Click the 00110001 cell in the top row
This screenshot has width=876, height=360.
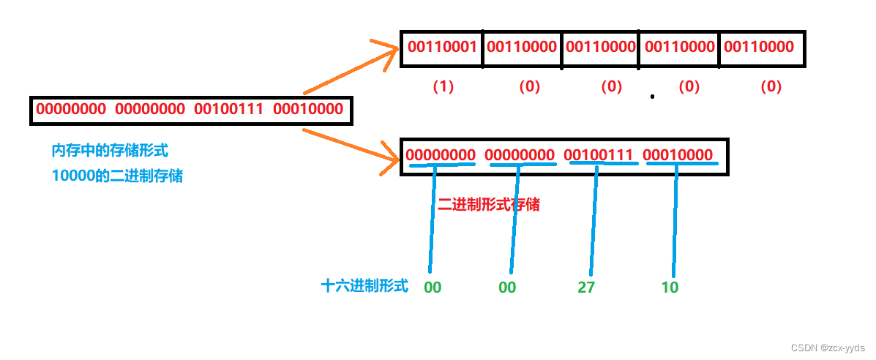[443, 48]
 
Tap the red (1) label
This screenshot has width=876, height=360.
[443, 86]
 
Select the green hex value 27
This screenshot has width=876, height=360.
[586, 288]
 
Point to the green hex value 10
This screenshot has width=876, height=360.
[670, 288]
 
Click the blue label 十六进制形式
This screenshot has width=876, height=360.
[364, 286]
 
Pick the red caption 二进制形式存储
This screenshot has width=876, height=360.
[489, 204]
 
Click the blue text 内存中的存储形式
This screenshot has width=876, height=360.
[110, 151]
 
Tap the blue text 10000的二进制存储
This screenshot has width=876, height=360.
[117, 176]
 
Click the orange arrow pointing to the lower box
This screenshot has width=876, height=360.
[344, 149]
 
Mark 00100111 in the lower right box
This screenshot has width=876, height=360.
[599, 155]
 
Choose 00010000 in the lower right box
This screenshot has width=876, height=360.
[678, 155]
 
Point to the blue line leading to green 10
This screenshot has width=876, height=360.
[673, 220]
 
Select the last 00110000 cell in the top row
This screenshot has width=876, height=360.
[759, 48]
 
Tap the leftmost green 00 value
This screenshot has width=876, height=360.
[433, 288]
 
